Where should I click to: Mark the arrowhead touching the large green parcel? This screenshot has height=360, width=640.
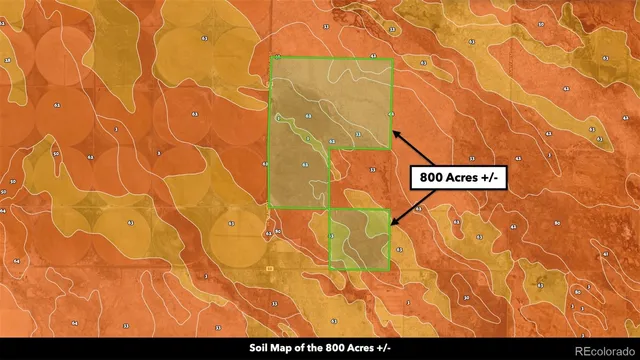(392, 131)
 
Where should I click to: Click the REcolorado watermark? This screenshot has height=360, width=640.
(602, 347)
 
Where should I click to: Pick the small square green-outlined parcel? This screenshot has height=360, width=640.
(358, 240)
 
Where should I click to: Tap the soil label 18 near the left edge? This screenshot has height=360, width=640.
(7, 61)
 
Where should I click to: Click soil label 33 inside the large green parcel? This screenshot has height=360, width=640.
(358, 134)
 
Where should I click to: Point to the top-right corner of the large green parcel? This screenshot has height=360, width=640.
(392, 59)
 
